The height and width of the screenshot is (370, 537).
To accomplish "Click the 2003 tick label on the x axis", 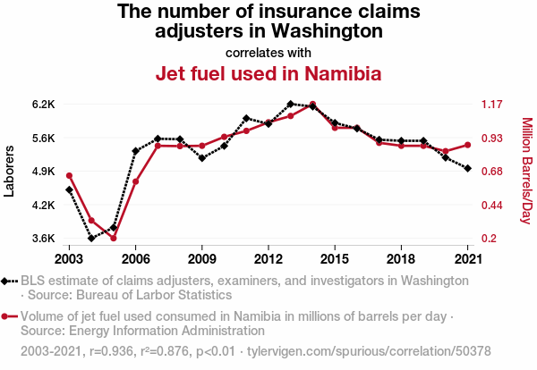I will [69, 258].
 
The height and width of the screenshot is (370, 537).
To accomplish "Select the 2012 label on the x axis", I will [268, 258].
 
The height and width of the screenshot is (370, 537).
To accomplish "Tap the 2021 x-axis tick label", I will [467, 258].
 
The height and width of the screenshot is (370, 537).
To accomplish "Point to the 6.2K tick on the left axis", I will [44, 105].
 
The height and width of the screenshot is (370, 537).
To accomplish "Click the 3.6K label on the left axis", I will [44, 239].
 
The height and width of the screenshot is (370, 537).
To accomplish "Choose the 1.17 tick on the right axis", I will [493, 105].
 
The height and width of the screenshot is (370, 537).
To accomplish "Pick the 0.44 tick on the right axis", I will [493, 206].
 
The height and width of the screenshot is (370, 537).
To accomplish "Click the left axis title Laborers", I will [10, 172].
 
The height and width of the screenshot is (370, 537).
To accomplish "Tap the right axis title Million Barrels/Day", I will [526, 172].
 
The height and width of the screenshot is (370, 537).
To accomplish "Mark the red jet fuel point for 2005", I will [114, 238].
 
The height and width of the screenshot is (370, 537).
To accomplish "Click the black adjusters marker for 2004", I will [91, 239].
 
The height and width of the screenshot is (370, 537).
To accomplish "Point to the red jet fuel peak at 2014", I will [312, 105].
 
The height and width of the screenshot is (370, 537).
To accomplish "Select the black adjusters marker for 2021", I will [467, 168].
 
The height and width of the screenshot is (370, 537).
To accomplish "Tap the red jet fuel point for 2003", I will [69, 175].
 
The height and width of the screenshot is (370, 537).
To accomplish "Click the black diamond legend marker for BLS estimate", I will [7, 281].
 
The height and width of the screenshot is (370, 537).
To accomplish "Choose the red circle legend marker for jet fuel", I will [7, 316].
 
